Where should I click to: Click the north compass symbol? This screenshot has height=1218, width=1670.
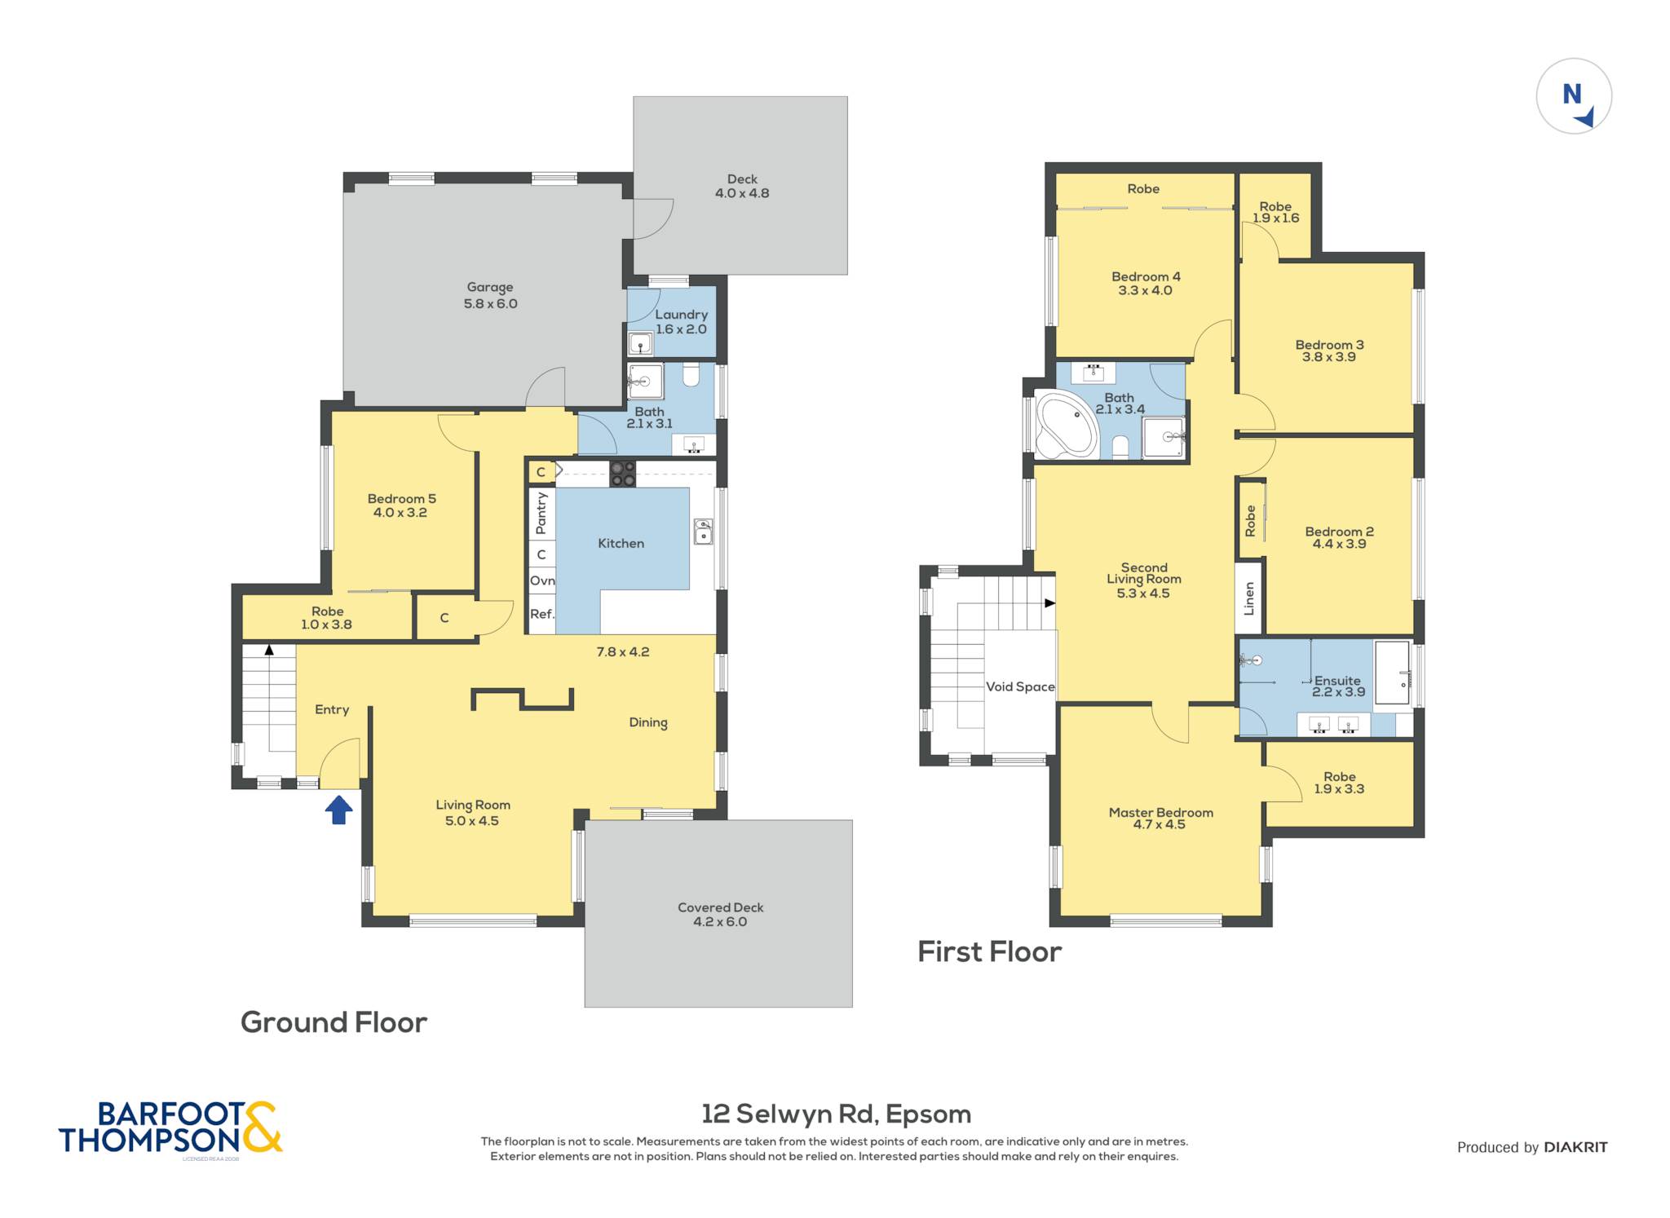click(1574, 96)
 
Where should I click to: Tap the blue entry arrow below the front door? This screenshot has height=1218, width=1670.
click(339, 810)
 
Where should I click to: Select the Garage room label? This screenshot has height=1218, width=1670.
click(490, 287)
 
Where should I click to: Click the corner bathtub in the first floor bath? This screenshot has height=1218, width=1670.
click(1066, 425)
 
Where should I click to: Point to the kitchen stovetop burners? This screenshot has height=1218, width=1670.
click(623, 474)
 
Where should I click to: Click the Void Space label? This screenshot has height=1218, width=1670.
click(1020, 686)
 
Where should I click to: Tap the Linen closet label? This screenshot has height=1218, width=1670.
click(1249, 598)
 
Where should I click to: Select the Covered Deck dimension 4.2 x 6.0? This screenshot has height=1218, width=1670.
click(720, 922)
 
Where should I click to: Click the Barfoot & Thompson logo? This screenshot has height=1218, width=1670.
click(170, 1128)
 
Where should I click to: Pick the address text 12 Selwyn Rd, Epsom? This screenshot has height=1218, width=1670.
click(837, 1114)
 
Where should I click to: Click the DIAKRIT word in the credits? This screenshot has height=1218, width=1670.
click(1575, 1147)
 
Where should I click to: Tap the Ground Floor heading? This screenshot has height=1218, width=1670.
click(334, 1022)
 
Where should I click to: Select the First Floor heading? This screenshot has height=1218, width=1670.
click(990, 951)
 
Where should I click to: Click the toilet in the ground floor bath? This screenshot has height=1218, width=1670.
click(691, 375)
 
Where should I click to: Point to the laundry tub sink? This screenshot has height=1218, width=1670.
click(641, 344)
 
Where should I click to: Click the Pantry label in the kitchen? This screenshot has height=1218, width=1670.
click(541, 514)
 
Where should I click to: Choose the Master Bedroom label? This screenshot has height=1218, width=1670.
click(1160, 812)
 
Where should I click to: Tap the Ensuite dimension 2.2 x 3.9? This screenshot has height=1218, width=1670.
click(1338, 692)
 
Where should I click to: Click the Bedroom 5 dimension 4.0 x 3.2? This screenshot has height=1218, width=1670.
click(400, 513)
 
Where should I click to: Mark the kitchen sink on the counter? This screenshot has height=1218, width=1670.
click(703, 532)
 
